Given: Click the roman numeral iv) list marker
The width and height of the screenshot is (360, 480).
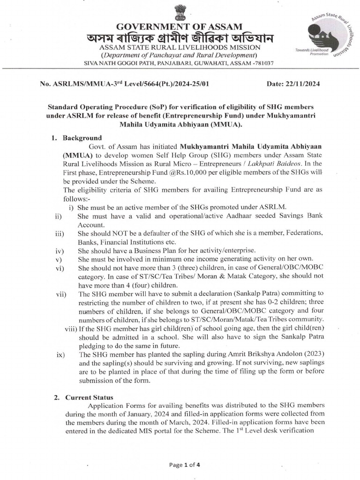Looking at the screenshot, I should [59, 251].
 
